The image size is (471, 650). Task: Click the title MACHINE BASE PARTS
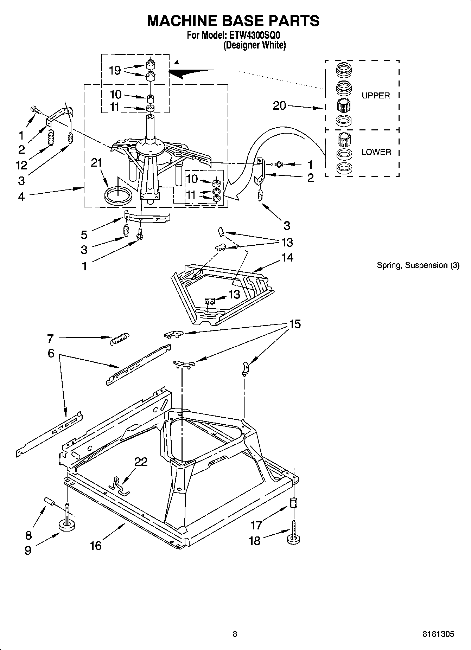(233, 21)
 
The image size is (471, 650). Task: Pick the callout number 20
(280, 105)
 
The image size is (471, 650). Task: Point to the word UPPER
(376, 96)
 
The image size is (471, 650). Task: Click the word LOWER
(376, 152)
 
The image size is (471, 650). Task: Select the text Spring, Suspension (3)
(418, 265)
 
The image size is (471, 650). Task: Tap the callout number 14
(287, 257)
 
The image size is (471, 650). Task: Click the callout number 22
(141, 462)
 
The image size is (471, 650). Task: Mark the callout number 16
(96, 545)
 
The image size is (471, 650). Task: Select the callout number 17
(256, 525)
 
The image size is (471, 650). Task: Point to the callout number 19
(115, 70)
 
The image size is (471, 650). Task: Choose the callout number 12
(21, 165)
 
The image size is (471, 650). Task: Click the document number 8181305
(438, 634)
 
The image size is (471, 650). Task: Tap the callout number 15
(295, 324)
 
